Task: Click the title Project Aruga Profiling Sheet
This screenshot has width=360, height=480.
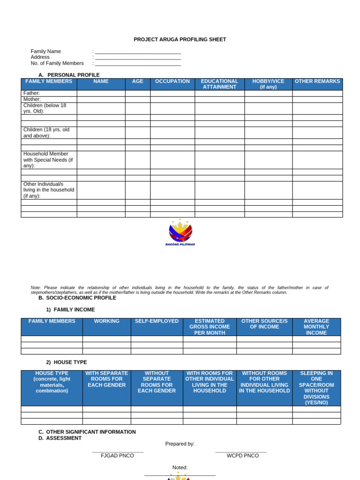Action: click(180, 39)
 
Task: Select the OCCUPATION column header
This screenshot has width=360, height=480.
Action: click(172, 82)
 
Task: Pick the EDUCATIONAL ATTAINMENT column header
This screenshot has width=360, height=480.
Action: click(219, 84)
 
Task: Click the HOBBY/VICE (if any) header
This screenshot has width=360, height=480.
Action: click(268, 84)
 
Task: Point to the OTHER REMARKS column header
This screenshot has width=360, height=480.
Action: click(317, 82)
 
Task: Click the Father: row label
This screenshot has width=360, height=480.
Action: click(32, 93)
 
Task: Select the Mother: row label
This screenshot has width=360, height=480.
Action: click(32, 99)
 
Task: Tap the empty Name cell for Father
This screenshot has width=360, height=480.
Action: click(101, 93)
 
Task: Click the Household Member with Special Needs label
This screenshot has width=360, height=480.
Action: click(48, 160)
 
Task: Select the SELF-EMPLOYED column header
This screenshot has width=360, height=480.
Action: click(157, 321)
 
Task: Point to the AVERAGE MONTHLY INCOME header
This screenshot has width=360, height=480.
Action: click(316, 327)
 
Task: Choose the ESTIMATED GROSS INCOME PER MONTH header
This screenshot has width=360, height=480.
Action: click(210, 327)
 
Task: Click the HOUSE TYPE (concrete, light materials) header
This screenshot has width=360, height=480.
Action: click(52, 382)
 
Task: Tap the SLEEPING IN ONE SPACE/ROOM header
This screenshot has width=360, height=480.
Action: click(316, 388)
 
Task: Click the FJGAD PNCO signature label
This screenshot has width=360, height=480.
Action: click(117, 456)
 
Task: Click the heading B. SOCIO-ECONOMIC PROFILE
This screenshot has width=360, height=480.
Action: click(77, 298)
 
